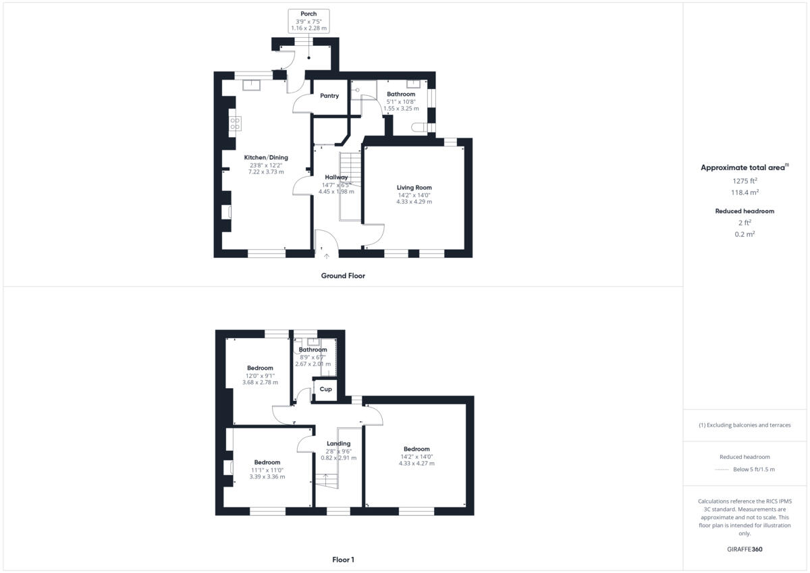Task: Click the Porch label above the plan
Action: pos(308,13)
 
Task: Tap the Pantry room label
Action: pos(329,96)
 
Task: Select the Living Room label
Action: pos(414,188)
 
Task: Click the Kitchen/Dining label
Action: pos(266,157)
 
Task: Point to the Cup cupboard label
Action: pos(326,389)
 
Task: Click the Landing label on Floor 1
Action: pos(338,443)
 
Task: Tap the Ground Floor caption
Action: pos(343,275)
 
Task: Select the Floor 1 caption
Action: pos(343,560)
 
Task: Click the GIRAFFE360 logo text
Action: pos(744,549)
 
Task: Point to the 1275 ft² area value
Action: pos(745,181)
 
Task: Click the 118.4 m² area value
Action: pos(745,192)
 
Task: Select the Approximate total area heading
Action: pos(745,167)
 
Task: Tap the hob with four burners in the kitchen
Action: pos(236,124)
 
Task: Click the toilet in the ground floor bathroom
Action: pos(419,128)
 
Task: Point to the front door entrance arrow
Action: pos(327,256)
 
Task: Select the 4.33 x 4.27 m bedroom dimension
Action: pos(416,463)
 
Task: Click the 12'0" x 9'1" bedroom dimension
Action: pos(260,375)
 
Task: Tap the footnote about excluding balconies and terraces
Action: pos(745,425)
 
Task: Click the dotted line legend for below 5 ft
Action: pos(723,470)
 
